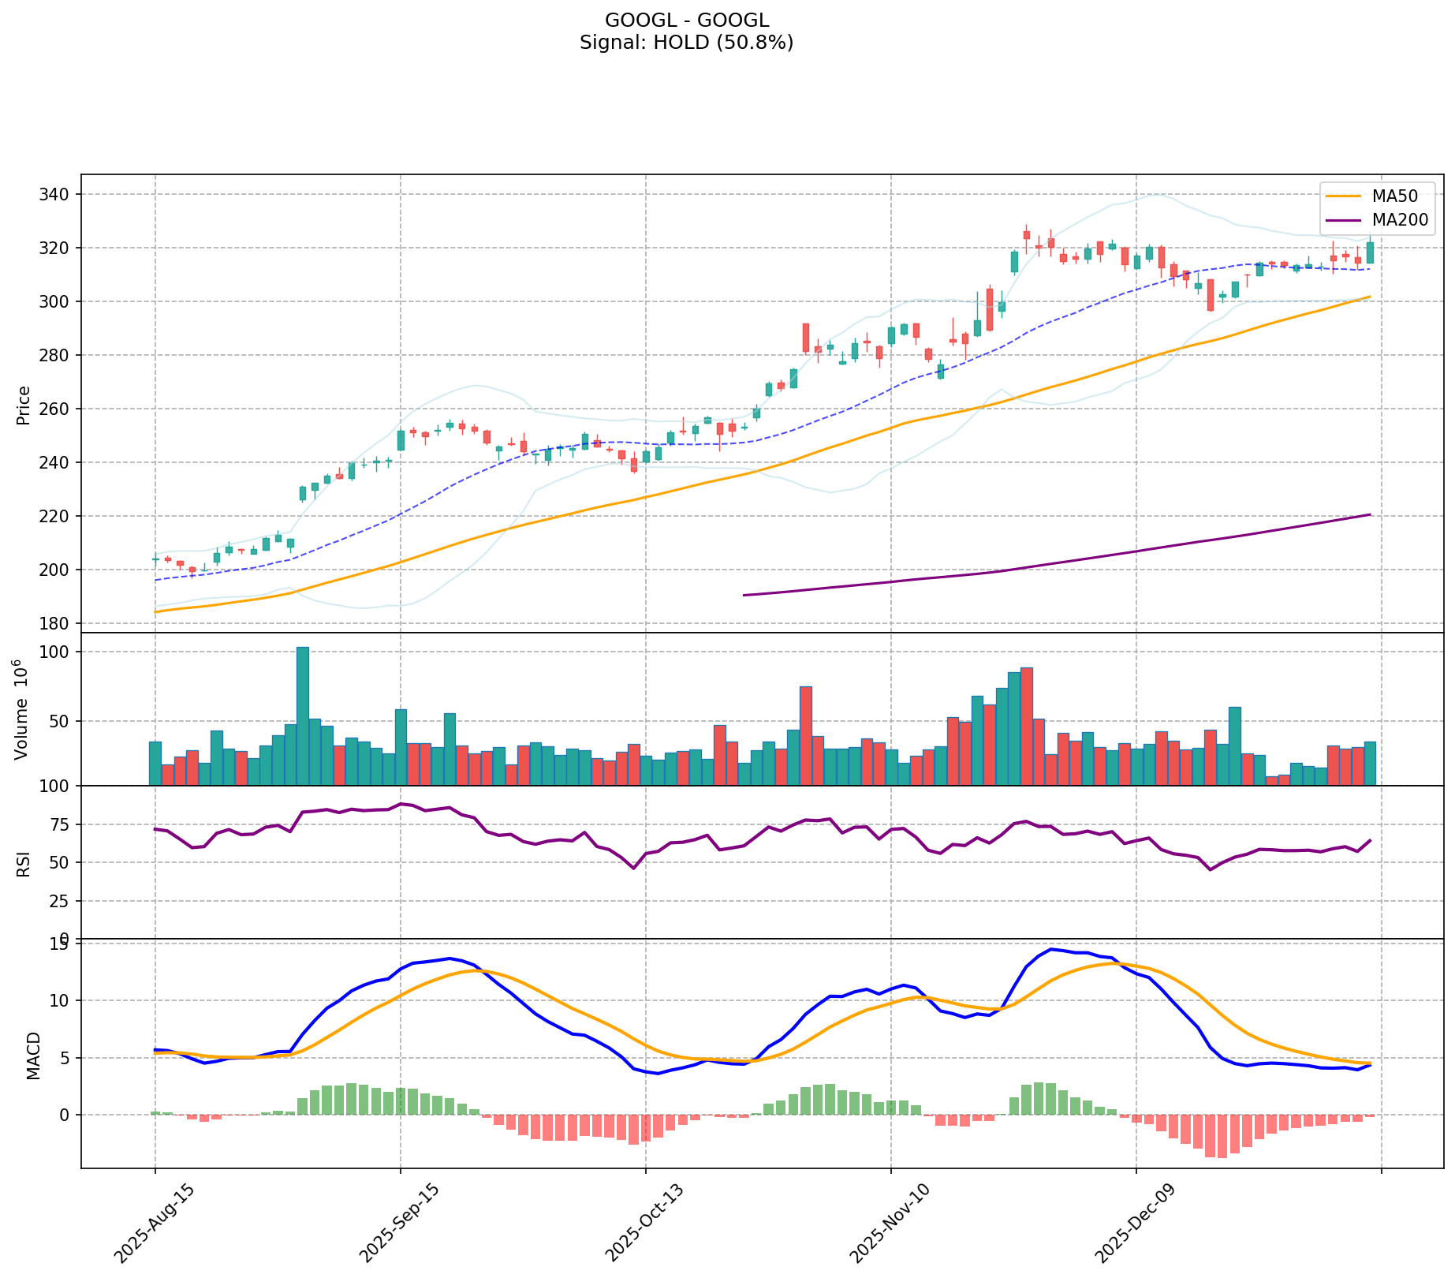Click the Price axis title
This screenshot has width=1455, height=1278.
(x=24, y=405)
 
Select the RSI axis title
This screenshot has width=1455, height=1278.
(x=24, y=863)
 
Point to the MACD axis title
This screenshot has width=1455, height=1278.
(x=33, y=1056)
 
